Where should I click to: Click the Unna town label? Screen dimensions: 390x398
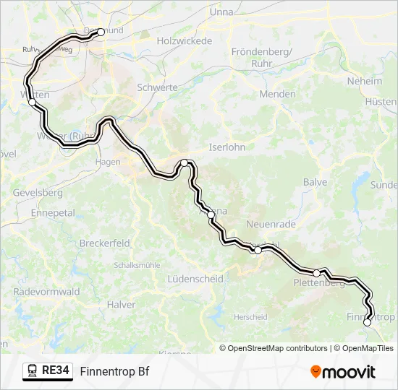221,12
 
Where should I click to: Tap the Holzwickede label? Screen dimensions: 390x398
185,41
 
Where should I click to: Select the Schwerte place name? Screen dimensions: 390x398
157,87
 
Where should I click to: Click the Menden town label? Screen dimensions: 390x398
277,94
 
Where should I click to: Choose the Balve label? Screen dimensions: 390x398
316,182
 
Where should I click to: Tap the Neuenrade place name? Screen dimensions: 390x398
271,225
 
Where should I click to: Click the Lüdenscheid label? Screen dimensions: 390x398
194,278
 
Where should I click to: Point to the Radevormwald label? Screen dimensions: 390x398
41,292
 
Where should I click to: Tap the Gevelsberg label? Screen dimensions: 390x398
38,193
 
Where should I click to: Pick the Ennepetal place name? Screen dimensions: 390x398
53,213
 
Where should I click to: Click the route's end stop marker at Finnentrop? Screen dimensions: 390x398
367,322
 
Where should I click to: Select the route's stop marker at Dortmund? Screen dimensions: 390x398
101,32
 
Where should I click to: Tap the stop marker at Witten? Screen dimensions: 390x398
32,103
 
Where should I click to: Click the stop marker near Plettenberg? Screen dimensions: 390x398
316,273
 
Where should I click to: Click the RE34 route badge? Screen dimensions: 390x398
48,371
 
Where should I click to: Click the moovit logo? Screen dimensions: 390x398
343,372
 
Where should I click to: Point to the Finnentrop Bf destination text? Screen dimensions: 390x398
114,371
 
